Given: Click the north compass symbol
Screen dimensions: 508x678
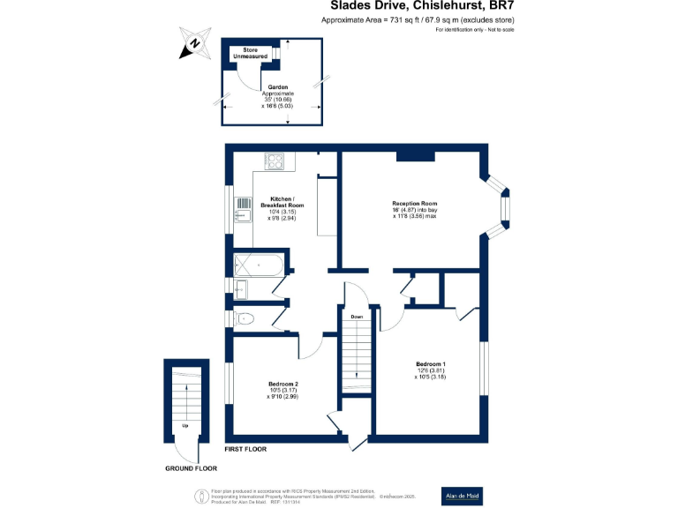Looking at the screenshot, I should pyautogui.click(x=194, y=43).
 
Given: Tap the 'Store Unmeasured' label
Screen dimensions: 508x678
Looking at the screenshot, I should pyautogui.click(x=251, y=54).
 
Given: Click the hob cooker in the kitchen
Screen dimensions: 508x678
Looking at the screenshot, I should pyautogui.click(x=275, y=161).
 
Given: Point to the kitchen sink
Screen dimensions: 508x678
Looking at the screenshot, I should pyautogui.click(x=242, y=213).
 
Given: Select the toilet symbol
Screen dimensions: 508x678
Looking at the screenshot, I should pyautogui.click(x=245, y=318).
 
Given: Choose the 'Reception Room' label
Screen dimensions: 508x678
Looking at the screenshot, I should pyautogui.click(x=415, y=203).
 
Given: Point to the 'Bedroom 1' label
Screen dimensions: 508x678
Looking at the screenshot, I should pyautogui.click(x=431, y=363).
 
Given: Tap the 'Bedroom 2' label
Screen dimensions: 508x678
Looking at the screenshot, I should pyautogui.click(x=282, y=384).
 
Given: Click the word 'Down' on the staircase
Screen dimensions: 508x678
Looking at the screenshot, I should pyautogui.click(x=356, y=316).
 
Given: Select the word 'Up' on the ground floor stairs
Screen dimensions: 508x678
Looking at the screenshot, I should pyautogui.click(x=185, y=426).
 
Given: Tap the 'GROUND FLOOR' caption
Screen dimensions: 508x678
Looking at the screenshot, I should pyautogui.click(x=192, y=468).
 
